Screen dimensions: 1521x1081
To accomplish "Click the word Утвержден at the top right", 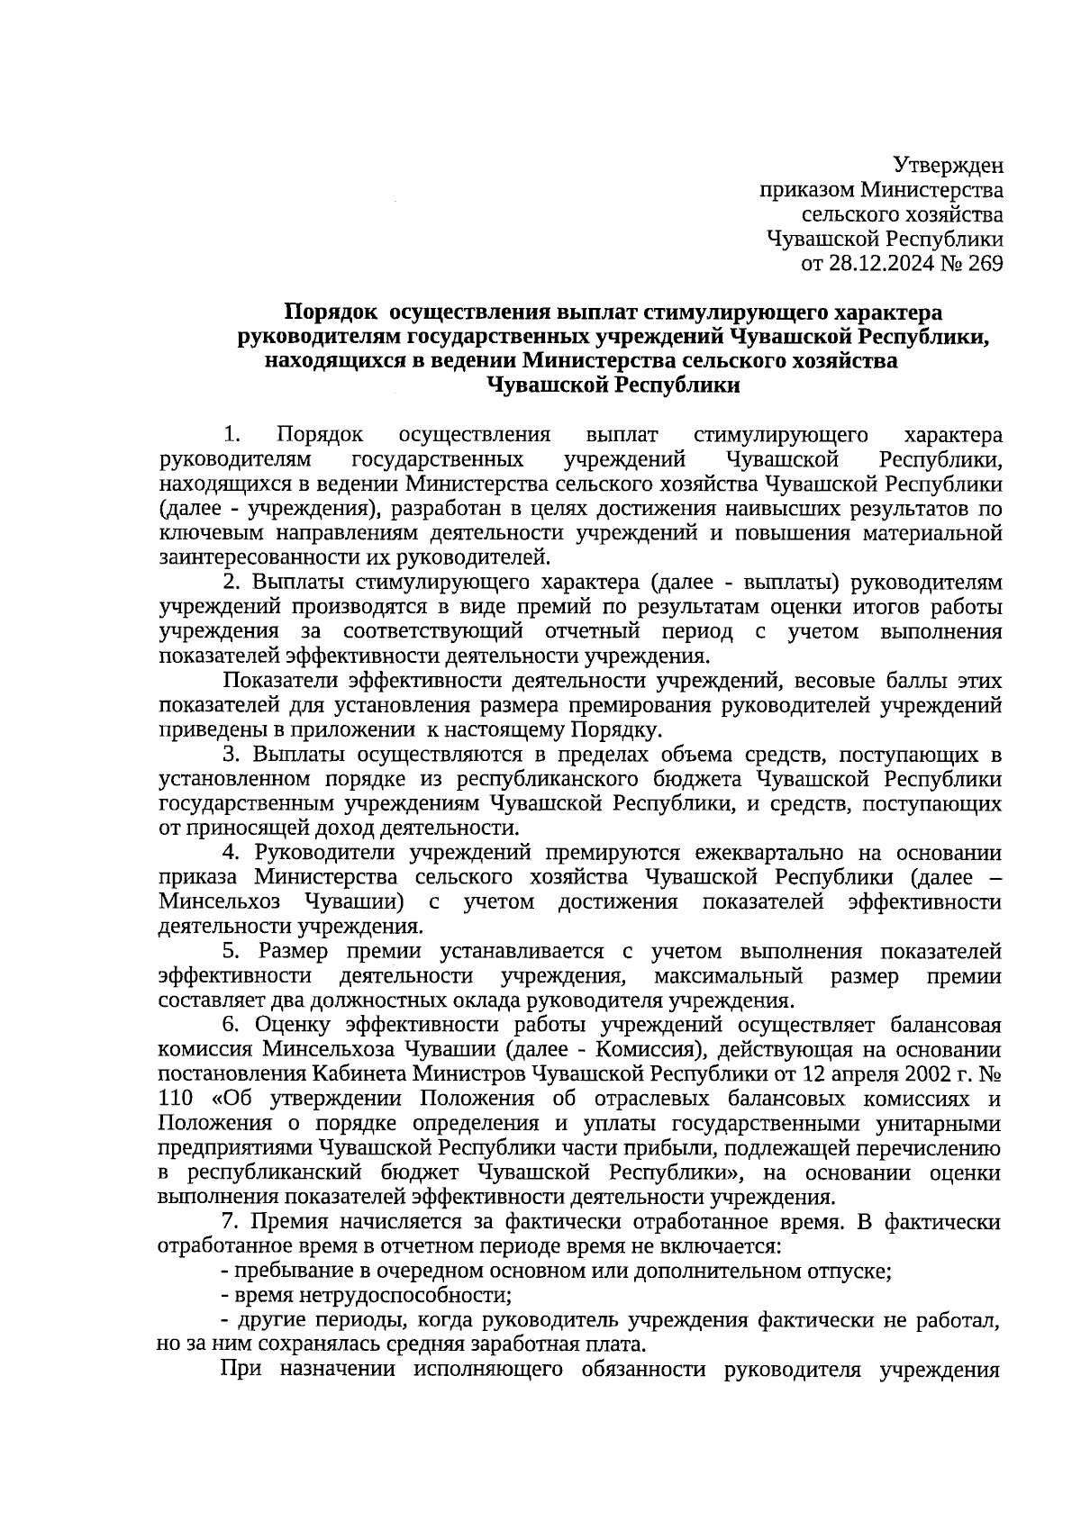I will coord(949,166).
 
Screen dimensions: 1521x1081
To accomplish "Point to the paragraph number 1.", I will coord(231,435).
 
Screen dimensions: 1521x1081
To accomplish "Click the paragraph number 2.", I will coord(231,583).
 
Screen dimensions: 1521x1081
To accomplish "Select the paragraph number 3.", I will coord(231,754).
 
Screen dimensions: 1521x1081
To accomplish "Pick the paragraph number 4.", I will coord(231,853).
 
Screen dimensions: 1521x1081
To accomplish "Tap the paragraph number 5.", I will coord(231,951).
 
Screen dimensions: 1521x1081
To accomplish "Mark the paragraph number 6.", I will coord(231,1025).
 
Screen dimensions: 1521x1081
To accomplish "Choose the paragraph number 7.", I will coord(231,1222).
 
